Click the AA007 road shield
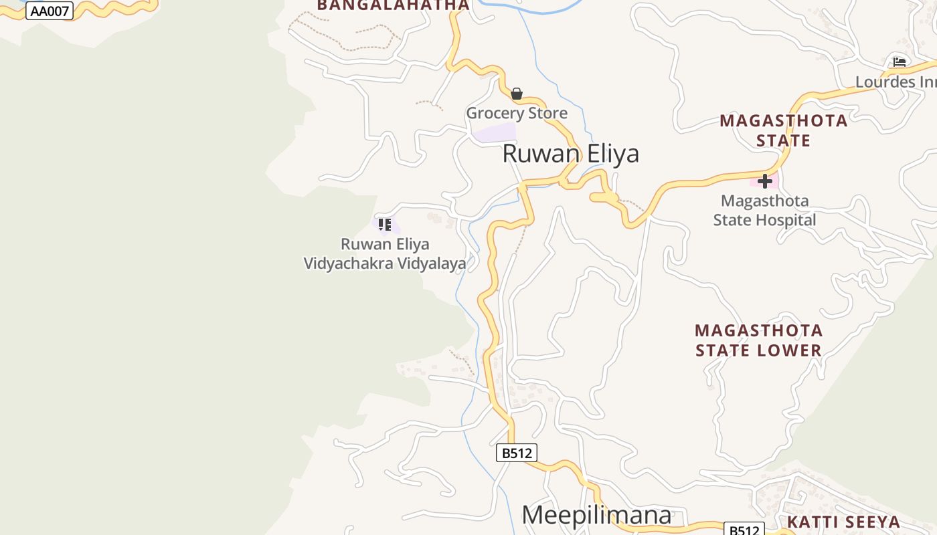click(x=49, y=10)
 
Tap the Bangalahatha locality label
click(x=393, y=5)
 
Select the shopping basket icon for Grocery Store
click(x=517, y=94)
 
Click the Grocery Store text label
click(x=517, y=113)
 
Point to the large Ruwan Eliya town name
click(x=570, y=154)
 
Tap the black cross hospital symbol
click(x=765, y=181)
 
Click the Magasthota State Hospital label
click(x=764, y=210)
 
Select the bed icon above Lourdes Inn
click(x=900, y=62)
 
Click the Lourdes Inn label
click(x=896, y=82)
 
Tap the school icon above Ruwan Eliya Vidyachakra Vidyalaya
click(x=384, y=225)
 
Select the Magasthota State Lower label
click(x=758, y=340)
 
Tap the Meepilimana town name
click(x=596, y=515)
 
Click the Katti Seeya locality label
click(x=843, y=522)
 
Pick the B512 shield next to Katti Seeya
click(x=744, y=530)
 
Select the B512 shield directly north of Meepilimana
click(x=517, y=453)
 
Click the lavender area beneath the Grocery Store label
click(x=495, y=132)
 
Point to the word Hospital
click(x=782, y=220)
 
